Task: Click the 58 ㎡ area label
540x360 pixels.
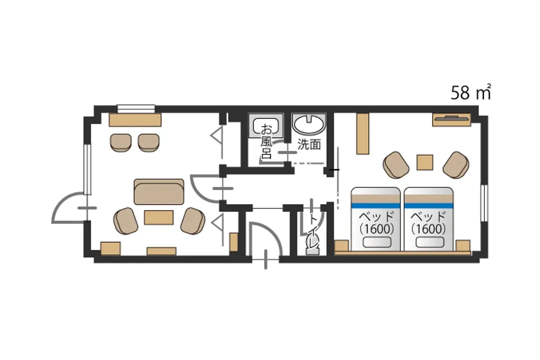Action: click(x=471, y=92)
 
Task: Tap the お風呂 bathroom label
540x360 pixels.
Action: click(x=266, y=141)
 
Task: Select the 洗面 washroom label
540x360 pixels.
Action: click(x=309, y=144)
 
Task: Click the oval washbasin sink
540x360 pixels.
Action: click(x=308, y=123)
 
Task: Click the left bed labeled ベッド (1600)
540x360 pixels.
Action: click(x=375, y=219)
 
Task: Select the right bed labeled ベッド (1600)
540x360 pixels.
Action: click(x=428, y=219)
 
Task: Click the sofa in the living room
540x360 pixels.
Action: click(x=159, y=191)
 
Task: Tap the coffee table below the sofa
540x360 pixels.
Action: click(x=158, y=217)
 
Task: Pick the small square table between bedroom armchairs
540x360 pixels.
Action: click(x=425, y=162)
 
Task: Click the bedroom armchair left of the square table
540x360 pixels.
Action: click(x=396, y=164)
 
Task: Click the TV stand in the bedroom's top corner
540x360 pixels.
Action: click(x=451, y=119)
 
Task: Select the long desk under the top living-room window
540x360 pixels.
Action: click(x=135, y=119)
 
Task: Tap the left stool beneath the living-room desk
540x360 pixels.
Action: click(x=120, y=142)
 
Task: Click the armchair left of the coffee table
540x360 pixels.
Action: click(x=125, y=221)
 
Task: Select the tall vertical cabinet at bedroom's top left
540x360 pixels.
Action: click(x=362, y=133)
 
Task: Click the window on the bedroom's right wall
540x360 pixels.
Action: click(x=484, y=203)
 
